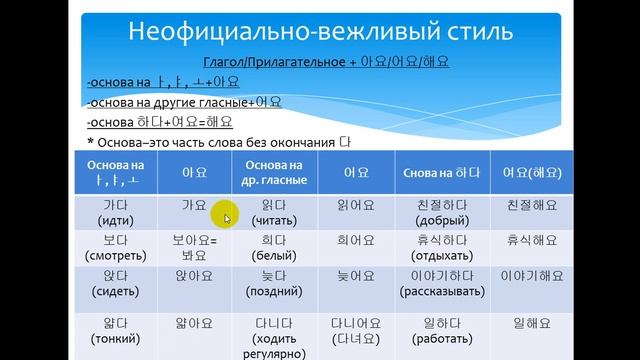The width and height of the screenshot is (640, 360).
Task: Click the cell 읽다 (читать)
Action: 274,211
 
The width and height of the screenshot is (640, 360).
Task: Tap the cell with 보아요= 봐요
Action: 193,250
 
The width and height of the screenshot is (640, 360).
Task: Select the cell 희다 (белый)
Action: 274,250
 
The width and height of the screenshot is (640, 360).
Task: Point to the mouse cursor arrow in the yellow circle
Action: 227,217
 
